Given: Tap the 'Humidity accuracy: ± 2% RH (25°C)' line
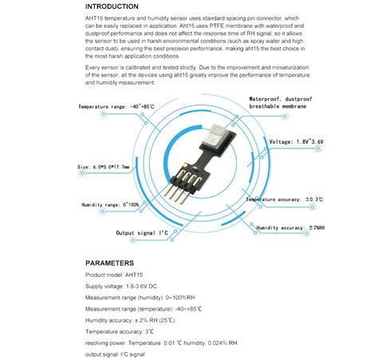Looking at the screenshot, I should pyautogui.click(x=132, y=319).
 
